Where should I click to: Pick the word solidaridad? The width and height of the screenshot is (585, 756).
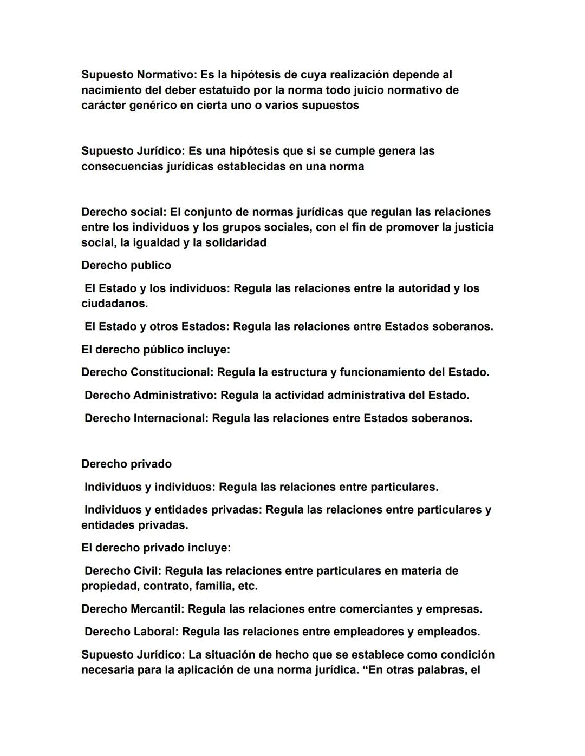pyautogui.click(x=235, y=242)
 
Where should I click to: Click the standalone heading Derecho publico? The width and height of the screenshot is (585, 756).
pyautogui.click(x=126, y=265)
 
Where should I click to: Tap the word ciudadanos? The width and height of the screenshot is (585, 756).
pyautogui.click(x=114, y=304)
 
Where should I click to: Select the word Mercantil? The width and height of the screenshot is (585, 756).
pyautogui.click(x=157, y=609)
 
